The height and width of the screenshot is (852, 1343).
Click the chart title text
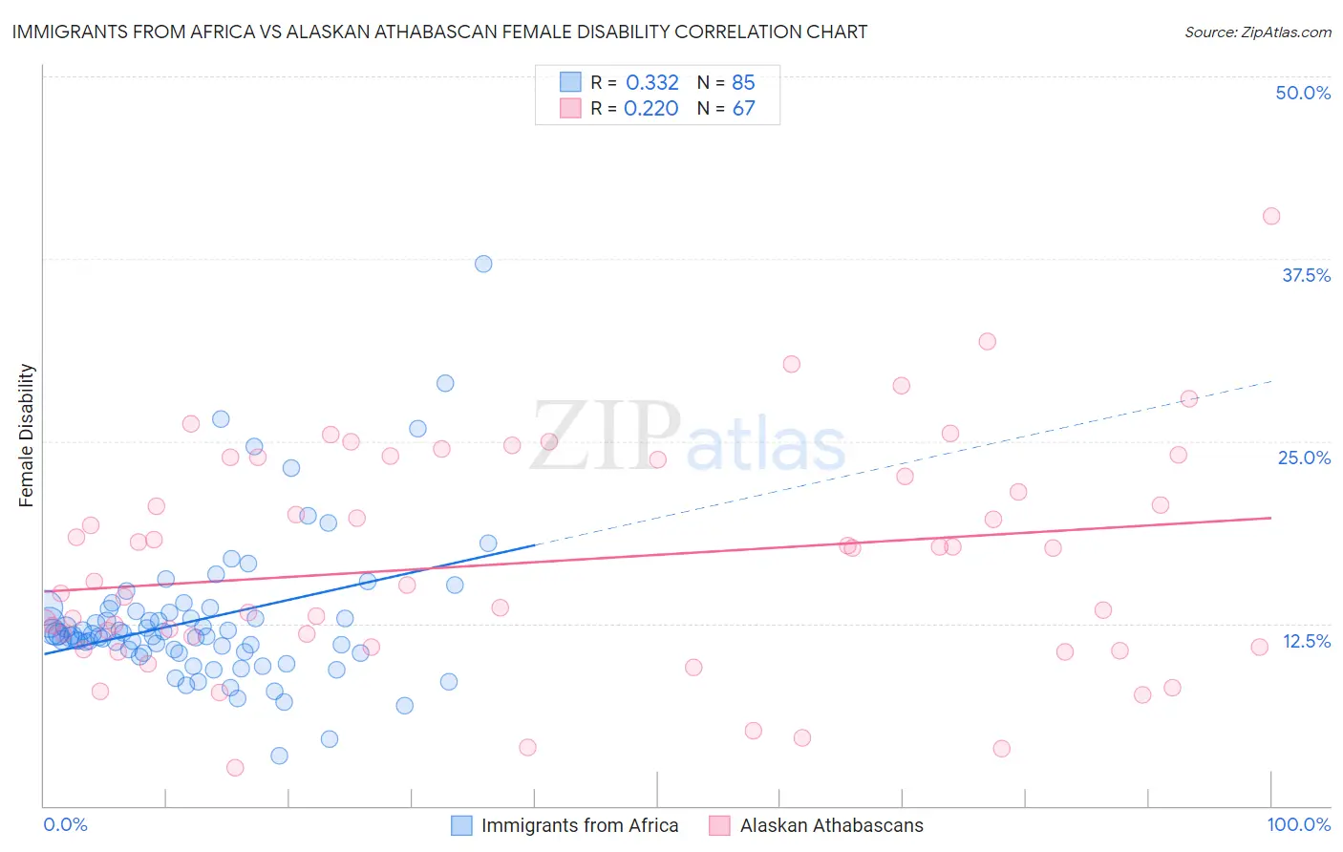point(439,32)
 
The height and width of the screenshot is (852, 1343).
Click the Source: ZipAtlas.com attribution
point(1257,32)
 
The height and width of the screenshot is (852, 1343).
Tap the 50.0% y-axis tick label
point(1303,93)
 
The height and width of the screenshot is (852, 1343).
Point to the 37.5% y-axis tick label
point(1306,275)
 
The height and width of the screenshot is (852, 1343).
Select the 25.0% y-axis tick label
point(1304,458)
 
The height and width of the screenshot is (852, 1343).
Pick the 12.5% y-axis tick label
point(1306,641)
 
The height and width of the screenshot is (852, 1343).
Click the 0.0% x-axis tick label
point(65,824)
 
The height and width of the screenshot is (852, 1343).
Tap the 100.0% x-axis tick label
point(1298,824)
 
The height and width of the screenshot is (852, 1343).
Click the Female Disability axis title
point(27,435)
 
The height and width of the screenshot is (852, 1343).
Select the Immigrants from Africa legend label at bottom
point(580,825)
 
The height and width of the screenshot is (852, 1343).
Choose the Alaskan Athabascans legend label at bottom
point(831,825)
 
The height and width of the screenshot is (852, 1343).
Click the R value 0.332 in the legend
point(652,82)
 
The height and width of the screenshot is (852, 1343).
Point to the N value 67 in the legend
point(743,108)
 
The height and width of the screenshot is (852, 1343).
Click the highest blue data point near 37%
point(483,264)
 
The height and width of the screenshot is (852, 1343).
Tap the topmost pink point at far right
point(1270,216)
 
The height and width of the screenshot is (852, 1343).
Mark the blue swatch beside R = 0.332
point(570,82)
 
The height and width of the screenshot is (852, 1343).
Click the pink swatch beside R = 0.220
point(570,108)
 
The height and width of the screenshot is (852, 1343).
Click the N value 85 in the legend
point(743,82)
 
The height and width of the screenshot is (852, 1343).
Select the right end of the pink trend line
point(1270,518)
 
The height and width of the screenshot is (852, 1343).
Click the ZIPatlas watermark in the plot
point(688,437)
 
